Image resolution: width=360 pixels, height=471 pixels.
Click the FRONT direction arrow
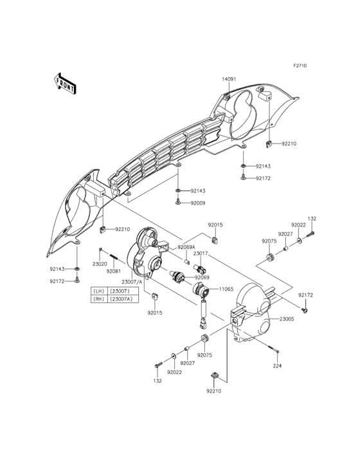point(64,84)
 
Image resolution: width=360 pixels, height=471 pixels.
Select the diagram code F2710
point(300,65)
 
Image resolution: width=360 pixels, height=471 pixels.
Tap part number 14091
point(229,79)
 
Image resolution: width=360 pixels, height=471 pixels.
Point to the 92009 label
point(198,203)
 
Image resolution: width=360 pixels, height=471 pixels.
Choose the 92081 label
point(113,271)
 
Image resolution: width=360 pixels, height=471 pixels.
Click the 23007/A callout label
point(132,282)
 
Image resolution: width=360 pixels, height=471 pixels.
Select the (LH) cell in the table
point(99,291)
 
